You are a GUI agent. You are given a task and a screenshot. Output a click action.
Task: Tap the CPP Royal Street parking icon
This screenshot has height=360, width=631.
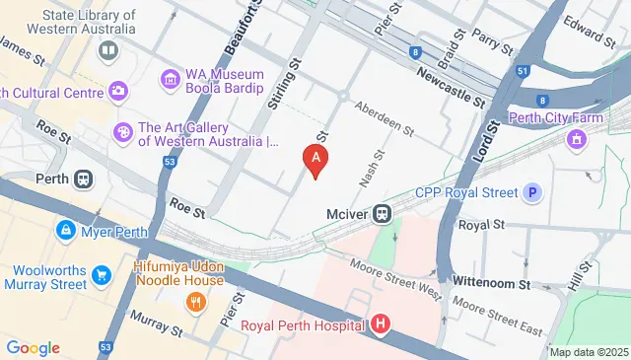(533, 192)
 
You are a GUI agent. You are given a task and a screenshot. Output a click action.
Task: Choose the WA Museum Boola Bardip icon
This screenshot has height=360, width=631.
(170, 77)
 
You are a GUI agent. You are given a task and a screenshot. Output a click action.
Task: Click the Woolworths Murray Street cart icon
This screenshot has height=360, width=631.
(101, 273)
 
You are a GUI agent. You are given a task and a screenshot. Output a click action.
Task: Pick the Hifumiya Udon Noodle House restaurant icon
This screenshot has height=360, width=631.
(195, 302)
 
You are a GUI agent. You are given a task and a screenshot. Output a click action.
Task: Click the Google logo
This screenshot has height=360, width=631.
(33, 348)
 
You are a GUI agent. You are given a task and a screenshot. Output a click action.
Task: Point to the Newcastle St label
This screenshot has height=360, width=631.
(451, 87)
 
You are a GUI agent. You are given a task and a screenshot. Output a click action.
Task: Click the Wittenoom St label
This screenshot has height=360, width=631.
(491, 283)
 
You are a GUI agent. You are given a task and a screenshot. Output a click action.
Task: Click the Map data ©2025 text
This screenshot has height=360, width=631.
(589, 352)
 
